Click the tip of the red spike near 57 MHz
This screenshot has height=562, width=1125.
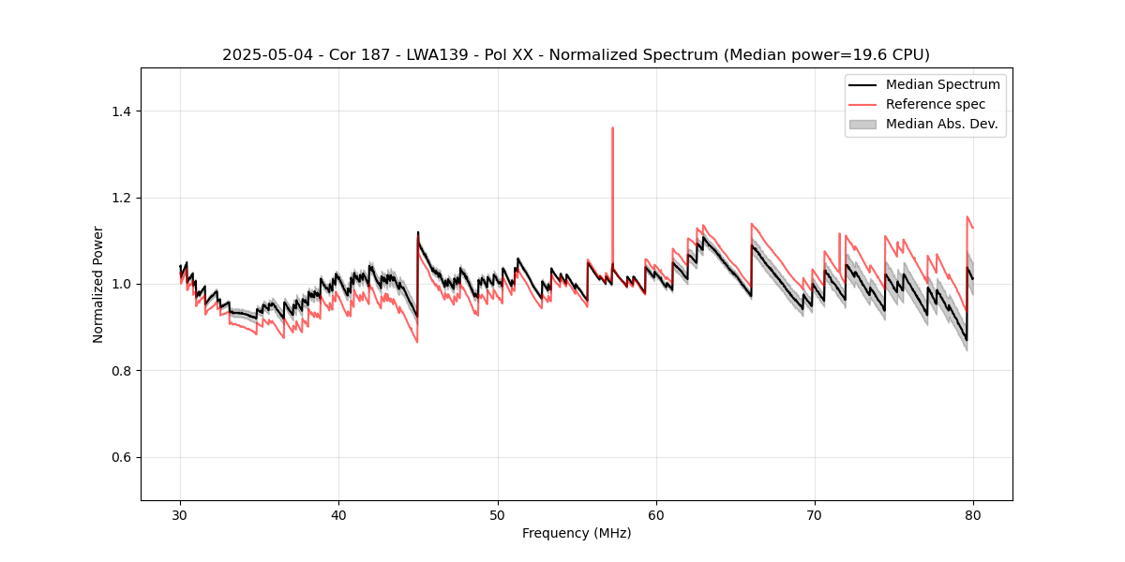coord(612,128)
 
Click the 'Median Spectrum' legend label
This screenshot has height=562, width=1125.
coord(942,84)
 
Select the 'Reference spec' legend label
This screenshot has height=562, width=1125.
coord(935,104)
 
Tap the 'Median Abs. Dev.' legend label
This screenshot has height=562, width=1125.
coord(942,124)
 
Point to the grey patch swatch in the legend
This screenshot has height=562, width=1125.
coord(862,124)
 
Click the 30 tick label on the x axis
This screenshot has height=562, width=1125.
coord(181,515)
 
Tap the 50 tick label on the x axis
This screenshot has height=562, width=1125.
coord(498,515)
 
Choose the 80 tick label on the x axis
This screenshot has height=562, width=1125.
coord(973,515)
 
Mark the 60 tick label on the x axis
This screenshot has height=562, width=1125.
coord(656,515)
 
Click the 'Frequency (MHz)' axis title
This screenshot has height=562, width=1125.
coord(577,533)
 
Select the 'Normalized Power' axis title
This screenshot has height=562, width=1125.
coord(98,284)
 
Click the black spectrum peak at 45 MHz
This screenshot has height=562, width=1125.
coord(418,232)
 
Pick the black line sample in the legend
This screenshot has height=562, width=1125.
coord(862,84)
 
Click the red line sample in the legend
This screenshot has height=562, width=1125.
coord(862,104)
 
